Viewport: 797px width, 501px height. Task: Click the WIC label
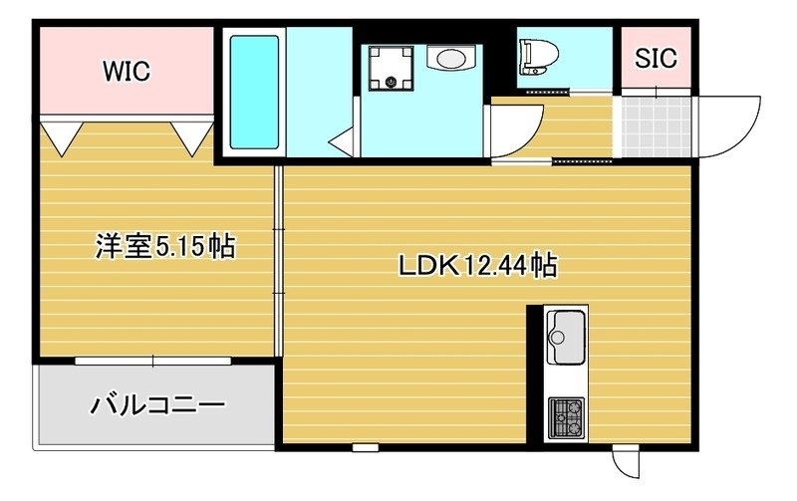tap(127, 71)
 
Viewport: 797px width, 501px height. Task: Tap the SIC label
tap(656, 58)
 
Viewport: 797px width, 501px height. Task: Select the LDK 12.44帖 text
tap(478, 265)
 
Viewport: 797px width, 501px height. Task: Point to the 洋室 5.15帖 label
tap(165, 246)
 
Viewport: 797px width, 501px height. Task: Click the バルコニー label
tap(157, 405)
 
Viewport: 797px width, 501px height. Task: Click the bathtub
tap(254, 92)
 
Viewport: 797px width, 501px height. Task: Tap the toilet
tap(538, 57)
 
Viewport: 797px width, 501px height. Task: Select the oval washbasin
tap(452, 58)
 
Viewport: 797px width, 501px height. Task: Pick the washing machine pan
tap(391, 68)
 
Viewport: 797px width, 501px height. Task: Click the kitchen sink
tap(566, 337)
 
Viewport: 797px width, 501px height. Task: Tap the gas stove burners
tap(566, 417)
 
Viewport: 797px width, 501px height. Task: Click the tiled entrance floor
tap(654, 126)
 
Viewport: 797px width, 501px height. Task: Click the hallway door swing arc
tap(531, 137)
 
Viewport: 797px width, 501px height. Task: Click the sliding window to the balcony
tap(153, 361)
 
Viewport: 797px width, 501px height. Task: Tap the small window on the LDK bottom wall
tap(366, 447)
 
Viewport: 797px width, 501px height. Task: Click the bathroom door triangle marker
tap(343, 142)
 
